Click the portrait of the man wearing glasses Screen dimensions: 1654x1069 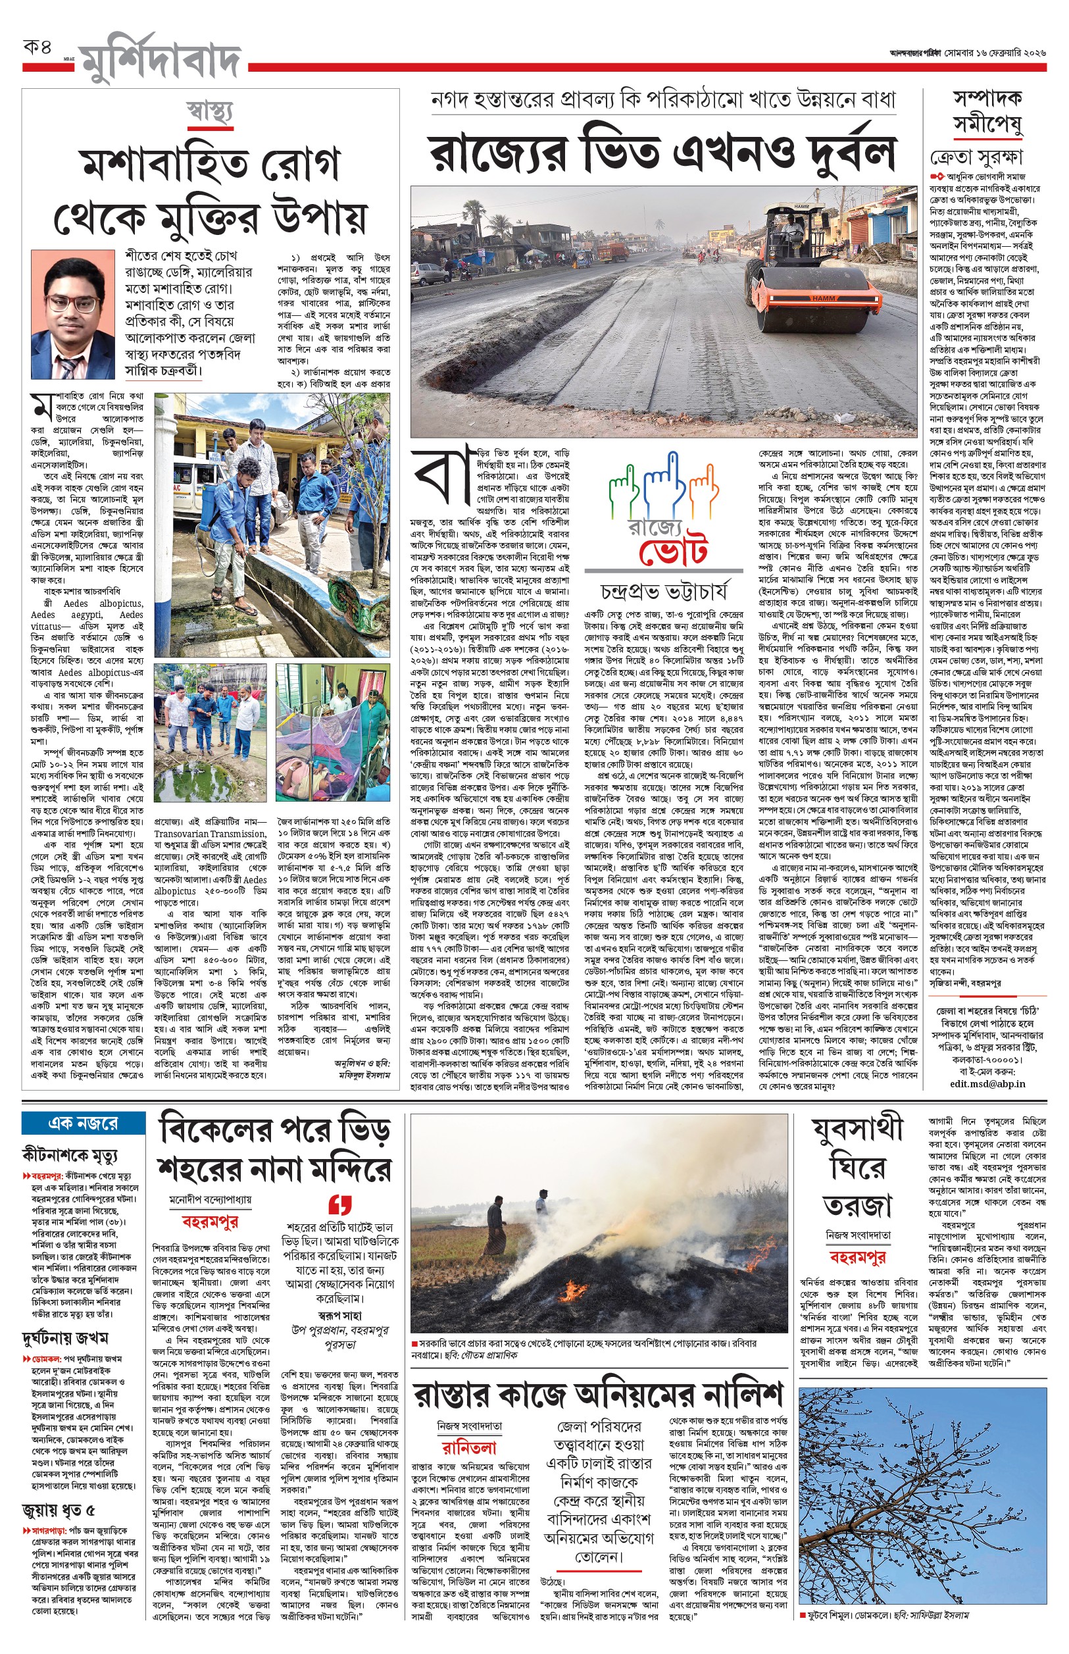(x=73, y=313)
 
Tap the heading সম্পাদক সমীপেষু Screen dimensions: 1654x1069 (x=987, y=111)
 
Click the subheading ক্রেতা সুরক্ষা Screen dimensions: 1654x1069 (x=976, y=157)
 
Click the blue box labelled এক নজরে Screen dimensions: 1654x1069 (x=84, y=1123)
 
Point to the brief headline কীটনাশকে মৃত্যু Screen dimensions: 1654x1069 (x=70, y=1154)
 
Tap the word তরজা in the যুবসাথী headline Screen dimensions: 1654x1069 (x=857, y=1206)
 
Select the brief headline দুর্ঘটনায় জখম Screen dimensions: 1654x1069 (x=64, y=1338)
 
